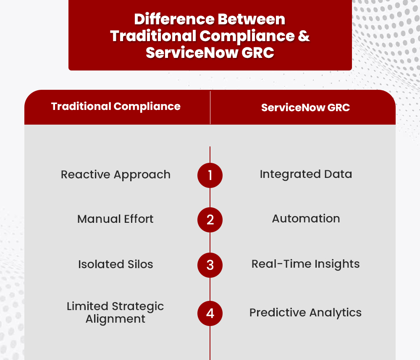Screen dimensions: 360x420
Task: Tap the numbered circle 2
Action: tap(210, 220)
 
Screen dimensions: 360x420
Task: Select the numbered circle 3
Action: tap(210, 265)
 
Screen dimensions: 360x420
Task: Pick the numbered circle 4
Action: tap(210, 313)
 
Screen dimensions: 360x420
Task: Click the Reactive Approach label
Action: tap(115, 175)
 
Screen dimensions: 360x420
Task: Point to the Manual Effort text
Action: tap(115, 219)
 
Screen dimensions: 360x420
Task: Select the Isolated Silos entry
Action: tap(115, 264)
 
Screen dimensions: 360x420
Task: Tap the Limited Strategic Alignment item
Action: tap(115, 313)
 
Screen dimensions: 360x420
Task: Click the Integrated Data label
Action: tap(306, 174)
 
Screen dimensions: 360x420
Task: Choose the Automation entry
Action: tap(306, 219)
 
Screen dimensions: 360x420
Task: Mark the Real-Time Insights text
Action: tap(306, 264)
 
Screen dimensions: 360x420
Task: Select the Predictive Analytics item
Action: tap(305, 313)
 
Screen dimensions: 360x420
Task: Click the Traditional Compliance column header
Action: tap(116, 107)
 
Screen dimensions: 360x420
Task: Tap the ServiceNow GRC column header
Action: tap(305, 108)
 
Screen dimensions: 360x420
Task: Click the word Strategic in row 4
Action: tap(138, 306)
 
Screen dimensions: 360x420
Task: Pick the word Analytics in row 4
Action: tap(335, 313)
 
